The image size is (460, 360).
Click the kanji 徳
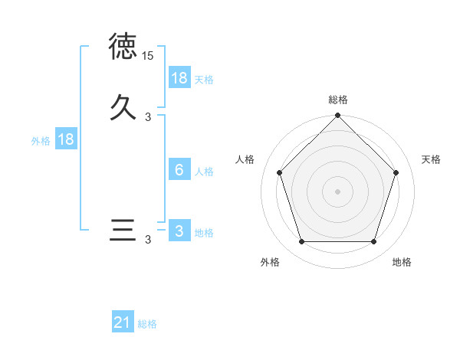(123, 47)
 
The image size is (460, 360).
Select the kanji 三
(123, 231)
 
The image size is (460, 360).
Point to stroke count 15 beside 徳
(148, 56)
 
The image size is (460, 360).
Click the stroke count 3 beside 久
(148, 117)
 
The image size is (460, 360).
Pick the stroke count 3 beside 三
(148, 241)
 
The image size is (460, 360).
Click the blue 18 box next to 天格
(179, 78)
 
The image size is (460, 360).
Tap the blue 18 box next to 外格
(66, 139)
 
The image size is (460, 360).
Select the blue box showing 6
(179, 170)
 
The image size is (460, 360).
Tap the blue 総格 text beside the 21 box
(147, 324)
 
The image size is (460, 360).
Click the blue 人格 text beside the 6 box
(204, 171)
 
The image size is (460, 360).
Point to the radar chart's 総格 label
(338, 100)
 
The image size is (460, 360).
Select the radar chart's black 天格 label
(431, 159)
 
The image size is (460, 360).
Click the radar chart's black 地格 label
(402, 262)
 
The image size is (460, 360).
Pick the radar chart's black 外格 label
(270, 262)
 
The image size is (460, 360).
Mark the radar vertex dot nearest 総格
(337, 116)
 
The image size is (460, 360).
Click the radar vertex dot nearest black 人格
(279, 172)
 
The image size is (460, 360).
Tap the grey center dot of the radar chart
(337, 191)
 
